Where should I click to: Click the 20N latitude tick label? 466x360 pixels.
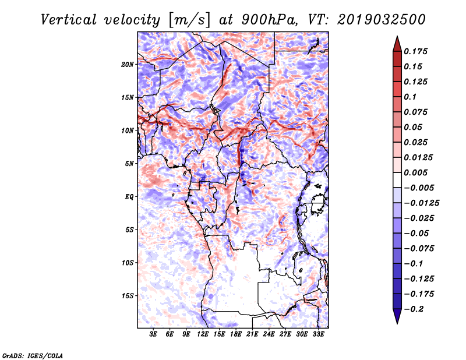tap(128, 64)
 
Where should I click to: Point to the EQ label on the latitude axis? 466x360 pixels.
tap(129, 197)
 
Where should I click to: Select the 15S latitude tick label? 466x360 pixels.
tap(128, 296)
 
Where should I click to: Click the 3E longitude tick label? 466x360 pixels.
tap(154, 335)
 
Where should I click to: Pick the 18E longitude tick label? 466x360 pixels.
tap(236, 335)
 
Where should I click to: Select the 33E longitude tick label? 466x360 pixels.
tap(318, 335)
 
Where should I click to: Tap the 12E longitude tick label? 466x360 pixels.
tap(203, 335)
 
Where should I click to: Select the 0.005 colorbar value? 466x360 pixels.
tap(417, 172)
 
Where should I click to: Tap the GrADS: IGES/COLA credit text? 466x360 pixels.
tap(32, 355)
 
